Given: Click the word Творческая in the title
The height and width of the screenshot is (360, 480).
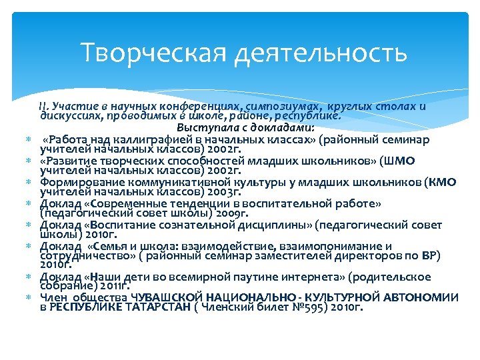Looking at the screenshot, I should [151, 52].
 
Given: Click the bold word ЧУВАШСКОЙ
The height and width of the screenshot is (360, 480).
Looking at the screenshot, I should [166, 297].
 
